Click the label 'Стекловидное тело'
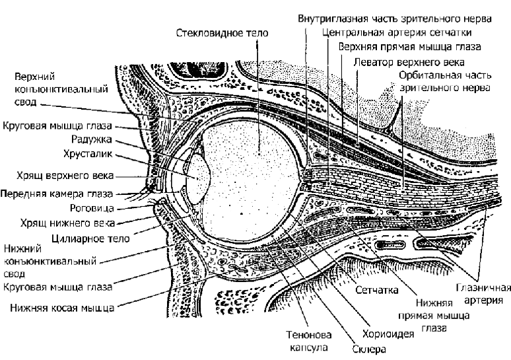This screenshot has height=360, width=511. coord(219,32)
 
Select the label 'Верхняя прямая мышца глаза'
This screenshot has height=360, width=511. coord(409,47)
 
